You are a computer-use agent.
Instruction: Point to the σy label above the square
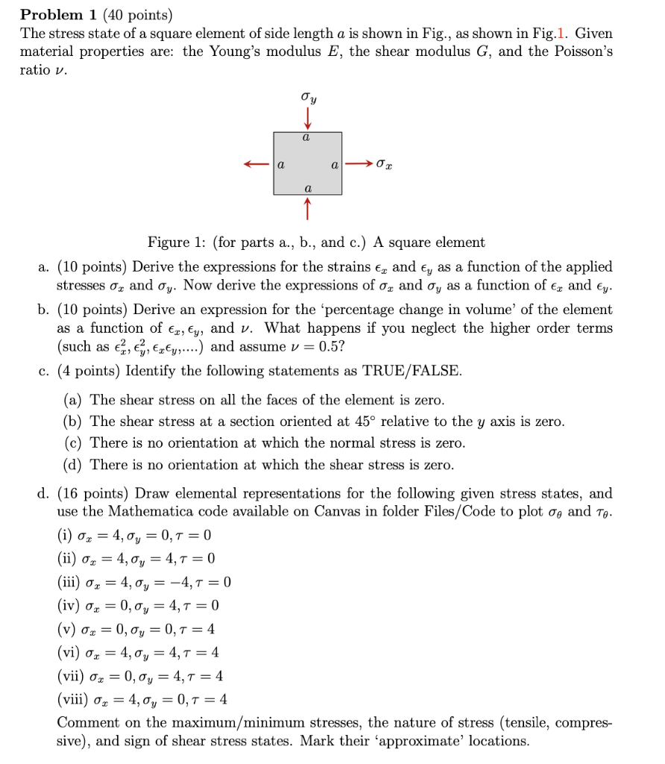click(x=307, y=98)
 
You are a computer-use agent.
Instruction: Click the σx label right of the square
click(x=386, y=164)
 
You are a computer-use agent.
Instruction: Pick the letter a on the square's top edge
click(x=307, y=138)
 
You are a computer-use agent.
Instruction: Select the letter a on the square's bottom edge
click(x=307, y=189)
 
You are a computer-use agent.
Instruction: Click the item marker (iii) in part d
click(x=72, y=582)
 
